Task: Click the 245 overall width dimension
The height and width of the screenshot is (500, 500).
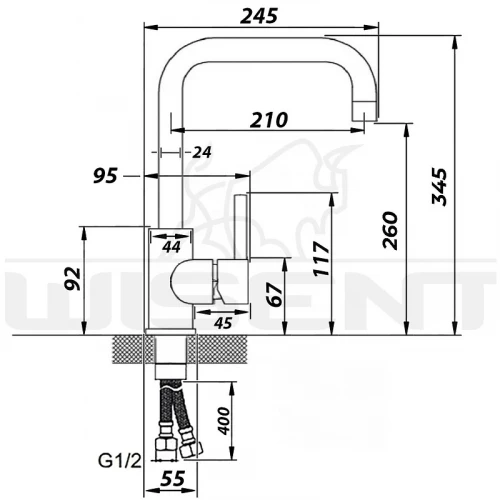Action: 259,16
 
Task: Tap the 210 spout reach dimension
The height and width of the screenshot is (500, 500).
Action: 269,120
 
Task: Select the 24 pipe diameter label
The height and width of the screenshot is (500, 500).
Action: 202,152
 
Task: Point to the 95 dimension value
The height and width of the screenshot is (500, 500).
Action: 105,176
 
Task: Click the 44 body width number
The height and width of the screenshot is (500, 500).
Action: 171,247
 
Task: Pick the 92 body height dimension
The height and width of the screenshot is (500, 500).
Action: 73,279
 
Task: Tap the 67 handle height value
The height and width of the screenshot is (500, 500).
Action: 276,294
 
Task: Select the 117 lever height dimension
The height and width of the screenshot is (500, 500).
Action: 322,259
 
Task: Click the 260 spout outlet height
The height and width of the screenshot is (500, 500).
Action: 390,230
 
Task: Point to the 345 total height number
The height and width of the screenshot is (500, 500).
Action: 439,187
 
